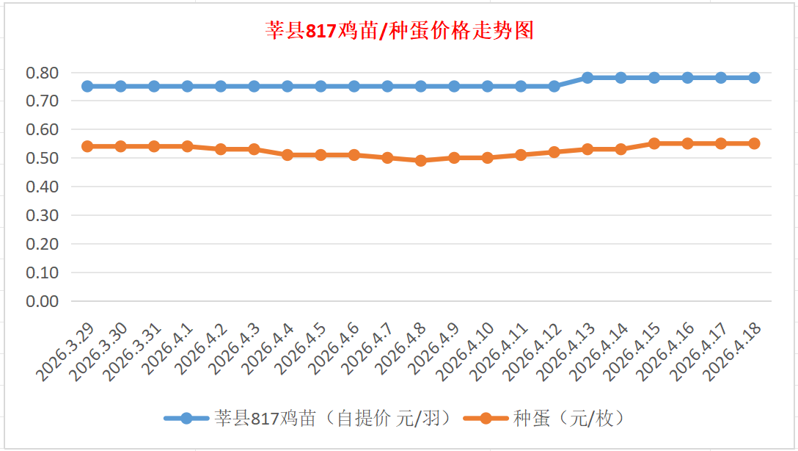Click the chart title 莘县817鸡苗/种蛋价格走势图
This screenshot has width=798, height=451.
[399, 31]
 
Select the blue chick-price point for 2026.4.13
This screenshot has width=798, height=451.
[587, 78]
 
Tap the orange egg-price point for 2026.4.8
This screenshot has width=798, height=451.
[421, 161]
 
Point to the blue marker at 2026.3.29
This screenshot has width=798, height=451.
[87, 86]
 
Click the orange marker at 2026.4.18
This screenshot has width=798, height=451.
[754, 143]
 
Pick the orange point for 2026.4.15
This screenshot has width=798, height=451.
[654, 143]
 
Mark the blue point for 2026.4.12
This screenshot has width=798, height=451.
[554, 86]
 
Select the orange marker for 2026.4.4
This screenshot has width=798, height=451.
[288, 155]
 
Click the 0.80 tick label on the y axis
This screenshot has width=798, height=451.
[42, 73]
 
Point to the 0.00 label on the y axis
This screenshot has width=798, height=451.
[42, 301]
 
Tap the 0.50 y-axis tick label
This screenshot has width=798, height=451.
[42, 158]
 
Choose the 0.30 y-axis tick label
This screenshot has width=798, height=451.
[42, 215]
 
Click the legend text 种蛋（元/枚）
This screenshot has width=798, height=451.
[569, 419]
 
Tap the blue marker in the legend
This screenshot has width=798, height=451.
[186, 419]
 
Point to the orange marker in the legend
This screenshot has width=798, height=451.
[486, 419]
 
